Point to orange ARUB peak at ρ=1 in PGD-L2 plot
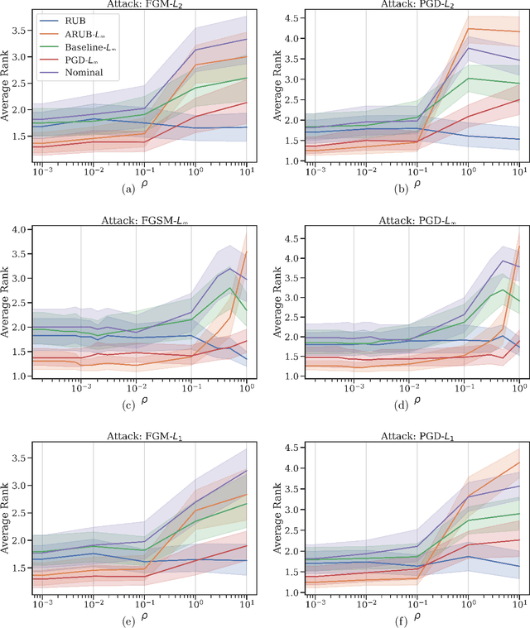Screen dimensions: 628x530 point(467,29)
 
